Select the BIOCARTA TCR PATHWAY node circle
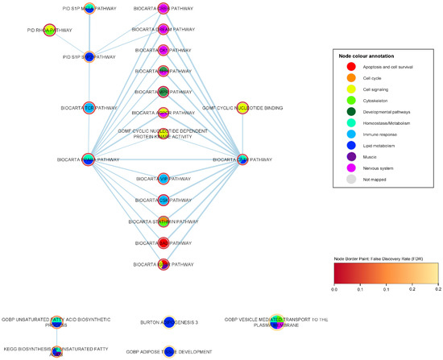pos(88,107)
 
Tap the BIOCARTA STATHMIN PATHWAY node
pos(163,221)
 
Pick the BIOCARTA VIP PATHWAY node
pos(163,179)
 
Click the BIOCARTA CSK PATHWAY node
pos(163,200)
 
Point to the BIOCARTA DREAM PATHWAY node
pos(163,29)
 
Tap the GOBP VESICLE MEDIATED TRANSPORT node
pos(276,322)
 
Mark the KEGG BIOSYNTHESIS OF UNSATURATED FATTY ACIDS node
pos(56,351)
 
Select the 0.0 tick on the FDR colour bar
pos(334,288)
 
